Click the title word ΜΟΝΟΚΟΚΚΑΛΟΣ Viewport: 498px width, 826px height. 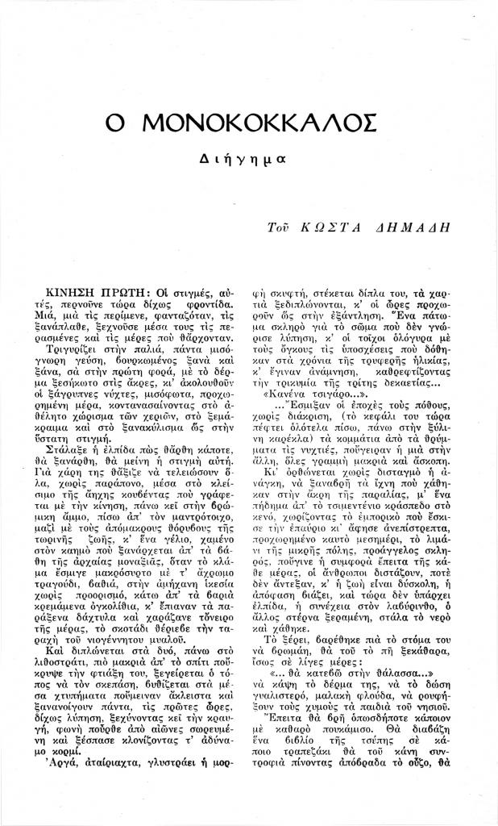259,123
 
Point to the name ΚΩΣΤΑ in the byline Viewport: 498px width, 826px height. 335,230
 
